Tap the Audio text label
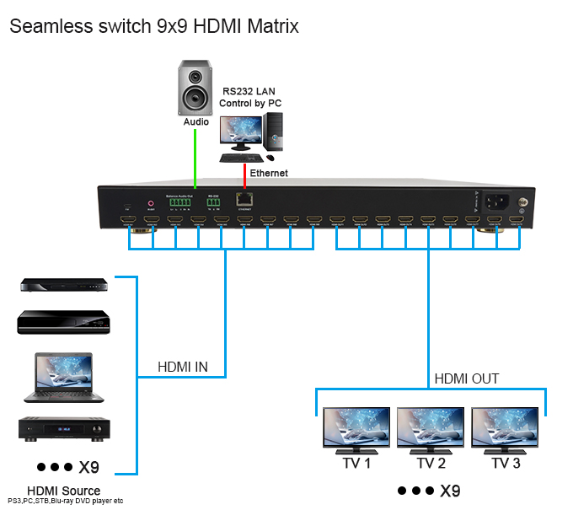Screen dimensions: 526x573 pyautogui.click(x=196, y=122)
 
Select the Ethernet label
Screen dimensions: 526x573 pyautogui.click(x=269, y=173)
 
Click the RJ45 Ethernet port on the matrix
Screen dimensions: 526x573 pyautogui.click(x=244, y=200)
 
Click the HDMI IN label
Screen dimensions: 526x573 pyautogui.click(x=183, y=368)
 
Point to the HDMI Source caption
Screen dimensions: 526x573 pyautogui.click(x=63, y=491)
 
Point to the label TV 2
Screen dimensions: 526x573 pyautogui.click(x=430, y=463)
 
